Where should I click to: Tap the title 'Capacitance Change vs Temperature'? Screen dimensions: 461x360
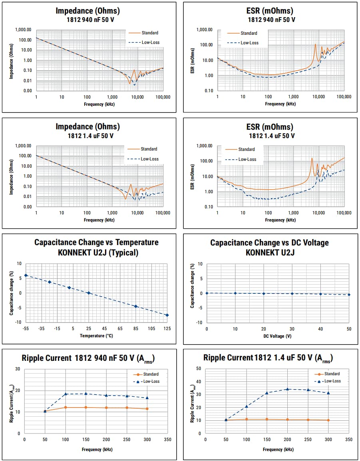coord(96,242)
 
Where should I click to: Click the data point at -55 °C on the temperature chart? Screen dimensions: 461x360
coord(26,275)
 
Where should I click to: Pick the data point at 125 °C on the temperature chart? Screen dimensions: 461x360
coord(167,315)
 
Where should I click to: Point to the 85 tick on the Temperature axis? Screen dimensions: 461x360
coord(136,328)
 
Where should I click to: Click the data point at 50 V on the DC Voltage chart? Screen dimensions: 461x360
coord(349,295)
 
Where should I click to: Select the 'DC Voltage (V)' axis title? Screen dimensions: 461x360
coord(278,336)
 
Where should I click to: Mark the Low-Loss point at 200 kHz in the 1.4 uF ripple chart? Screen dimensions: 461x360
coord(287,389)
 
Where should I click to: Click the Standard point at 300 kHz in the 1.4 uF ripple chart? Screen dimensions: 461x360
coord(328,420)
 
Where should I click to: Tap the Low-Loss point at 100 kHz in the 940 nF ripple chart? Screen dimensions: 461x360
coord(66,394)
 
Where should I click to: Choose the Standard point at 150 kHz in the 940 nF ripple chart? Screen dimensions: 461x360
coord(86,407)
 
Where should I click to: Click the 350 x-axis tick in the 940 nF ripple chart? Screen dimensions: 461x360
coord(168,439)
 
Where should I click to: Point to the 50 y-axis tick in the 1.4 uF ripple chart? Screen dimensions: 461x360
coord(199,369)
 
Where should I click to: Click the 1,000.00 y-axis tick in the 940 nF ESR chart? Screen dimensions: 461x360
coord(204,30)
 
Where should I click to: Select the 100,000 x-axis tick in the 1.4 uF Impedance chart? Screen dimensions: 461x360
coord(163,213)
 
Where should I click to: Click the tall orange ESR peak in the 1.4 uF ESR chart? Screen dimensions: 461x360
coord(312,159)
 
